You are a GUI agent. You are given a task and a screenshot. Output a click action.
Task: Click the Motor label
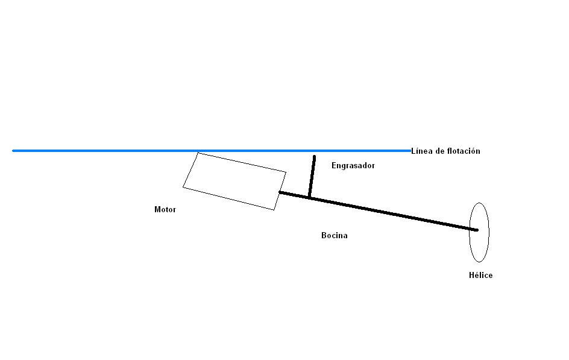coord(165,209)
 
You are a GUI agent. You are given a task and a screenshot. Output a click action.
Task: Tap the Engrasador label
coord(353,165)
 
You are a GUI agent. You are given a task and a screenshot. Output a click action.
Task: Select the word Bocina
coord(334,236)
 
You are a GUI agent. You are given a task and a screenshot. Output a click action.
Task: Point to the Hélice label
coord(480,275)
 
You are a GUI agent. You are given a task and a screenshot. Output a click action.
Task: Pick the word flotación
coord(464,151)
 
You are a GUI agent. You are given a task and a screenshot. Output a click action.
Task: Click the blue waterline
coord(212,151)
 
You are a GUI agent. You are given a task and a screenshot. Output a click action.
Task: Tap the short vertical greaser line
coord(312,177)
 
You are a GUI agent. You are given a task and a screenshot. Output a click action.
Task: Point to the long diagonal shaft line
coord(379,211)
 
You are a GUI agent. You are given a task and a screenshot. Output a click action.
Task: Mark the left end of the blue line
coord(13,151)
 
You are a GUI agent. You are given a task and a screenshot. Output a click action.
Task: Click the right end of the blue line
coord(410,151)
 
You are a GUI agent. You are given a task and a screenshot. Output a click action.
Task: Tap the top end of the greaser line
coord(314,157)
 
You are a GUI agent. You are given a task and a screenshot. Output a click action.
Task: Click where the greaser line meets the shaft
coord(310,197)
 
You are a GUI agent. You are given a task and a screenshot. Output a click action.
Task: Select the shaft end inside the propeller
coord(477,230)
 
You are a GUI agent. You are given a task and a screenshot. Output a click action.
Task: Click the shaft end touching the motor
coord(280,192)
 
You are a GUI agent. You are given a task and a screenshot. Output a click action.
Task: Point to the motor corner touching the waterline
coord(198,153)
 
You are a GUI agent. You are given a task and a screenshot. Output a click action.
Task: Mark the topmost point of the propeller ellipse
coord(479,203)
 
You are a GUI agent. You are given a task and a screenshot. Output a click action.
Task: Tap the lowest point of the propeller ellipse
coord(479,262)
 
